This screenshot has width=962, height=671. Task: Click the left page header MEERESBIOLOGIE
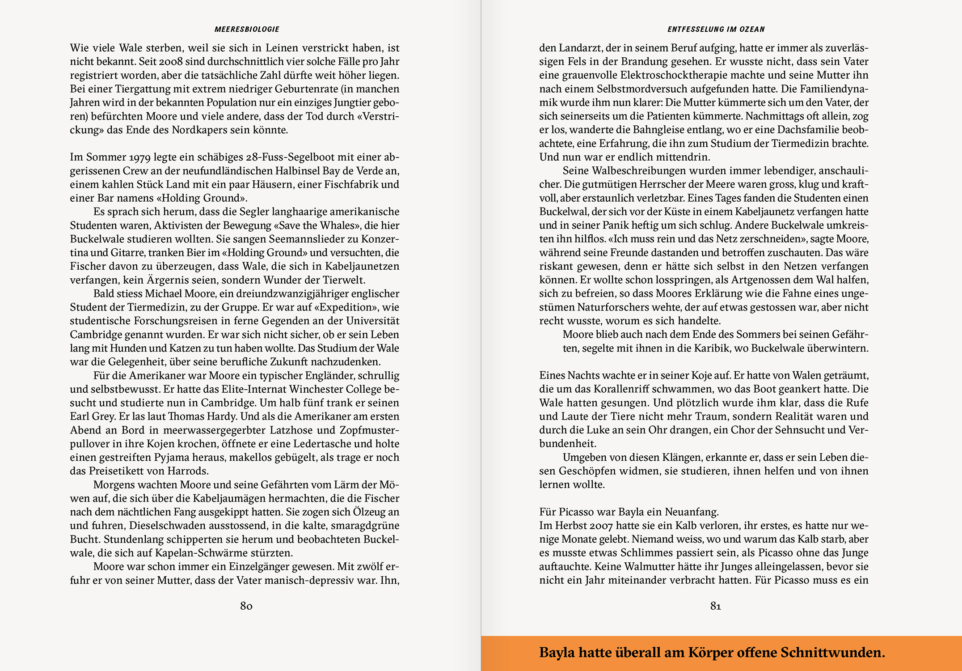point(247,30)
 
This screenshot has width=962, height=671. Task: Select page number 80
point(246,606)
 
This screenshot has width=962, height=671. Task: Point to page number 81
point(716,606)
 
